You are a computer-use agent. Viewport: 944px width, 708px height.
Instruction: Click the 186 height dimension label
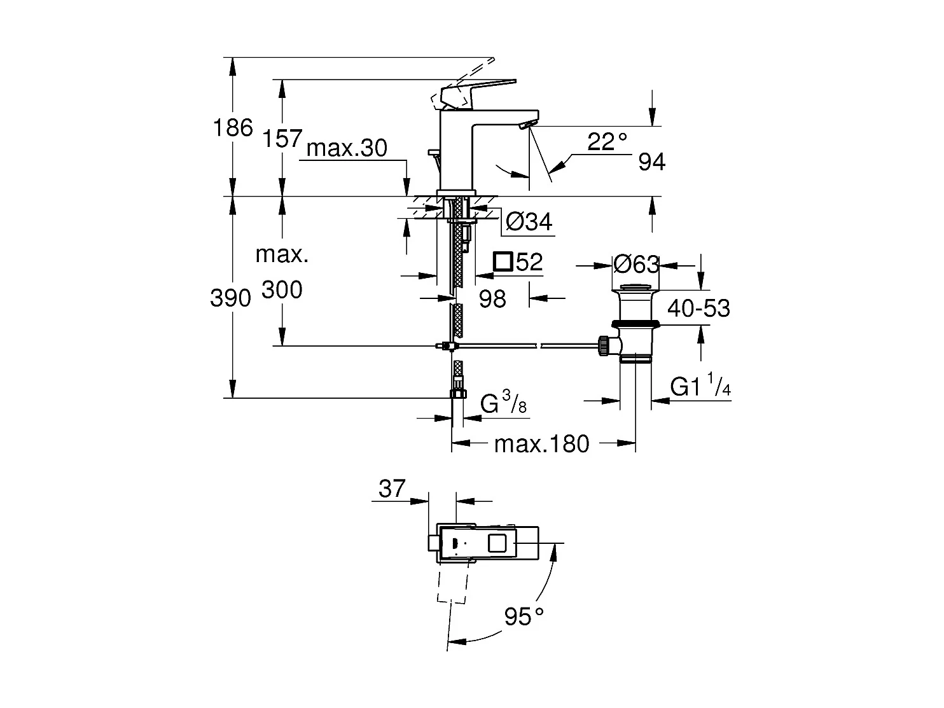[x=233, y=128]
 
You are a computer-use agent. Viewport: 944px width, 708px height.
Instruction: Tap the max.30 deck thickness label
[x=347, y=148]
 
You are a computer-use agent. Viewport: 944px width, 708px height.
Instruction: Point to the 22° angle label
[x=606, y=141]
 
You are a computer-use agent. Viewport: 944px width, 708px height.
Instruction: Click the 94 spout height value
[x=652, y=163]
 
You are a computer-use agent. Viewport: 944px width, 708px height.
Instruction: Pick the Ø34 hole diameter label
[x=529, y=222]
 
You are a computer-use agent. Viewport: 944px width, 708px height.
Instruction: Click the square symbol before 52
[x=503, y=261]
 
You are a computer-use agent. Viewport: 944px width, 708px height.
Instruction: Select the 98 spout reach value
[x=492, y=298]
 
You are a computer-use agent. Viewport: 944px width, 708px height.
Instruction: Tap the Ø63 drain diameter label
[x=635, y=263]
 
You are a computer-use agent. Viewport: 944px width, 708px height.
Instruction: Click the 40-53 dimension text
[x=698, y=309]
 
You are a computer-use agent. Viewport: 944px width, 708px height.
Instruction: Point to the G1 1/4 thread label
[x=700, y=387]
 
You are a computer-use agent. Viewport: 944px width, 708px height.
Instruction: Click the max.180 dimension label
[x=542, y=444]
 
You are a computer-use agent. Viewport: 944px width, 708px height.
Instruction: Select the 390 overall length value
[x=230, y=298]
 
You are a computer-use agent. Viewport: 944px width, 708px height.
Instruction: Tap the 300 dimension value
[x=282, y=290]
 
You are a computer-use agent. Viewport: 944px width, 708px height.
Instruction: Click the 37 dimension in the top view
[x=392, y=489]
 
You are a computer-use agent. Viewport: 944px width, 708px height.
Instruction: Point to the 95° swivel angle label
[x=525, y=616]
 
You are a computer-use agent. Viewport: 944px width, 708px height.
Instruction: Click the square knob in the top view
[x=497, y=543]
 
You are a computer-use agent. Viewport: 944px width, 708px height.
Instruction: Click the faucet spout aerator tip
[x=525, y=126]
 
